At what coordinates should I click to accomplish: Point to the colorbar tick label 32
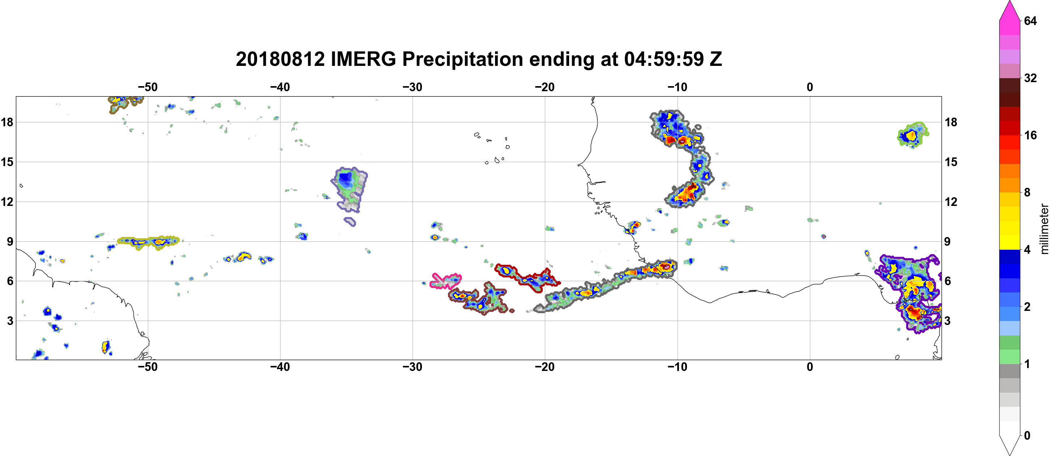point(1030,78)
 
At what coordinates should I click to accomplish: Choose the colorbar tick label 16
point(1030,135)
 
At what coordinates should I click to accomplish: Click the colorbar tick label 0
point(1027,435)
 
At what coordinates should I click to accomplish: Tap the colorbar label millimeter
point(1043,229)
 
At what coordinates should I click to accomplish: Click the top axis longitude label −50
point(148,87)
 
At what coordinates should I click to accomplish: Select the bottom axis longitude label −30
point(413,367)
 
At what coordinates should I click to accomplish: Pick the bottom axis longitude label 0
point(810,367)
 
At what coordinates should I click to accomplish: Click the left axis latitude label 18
point(7,122)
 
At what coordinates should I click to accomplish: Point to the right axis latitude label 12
point(951,202)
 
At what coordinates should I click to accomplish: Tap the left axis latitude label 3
point(10,321)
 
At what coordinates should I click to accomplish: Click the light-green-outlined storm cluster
point(913,135)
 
